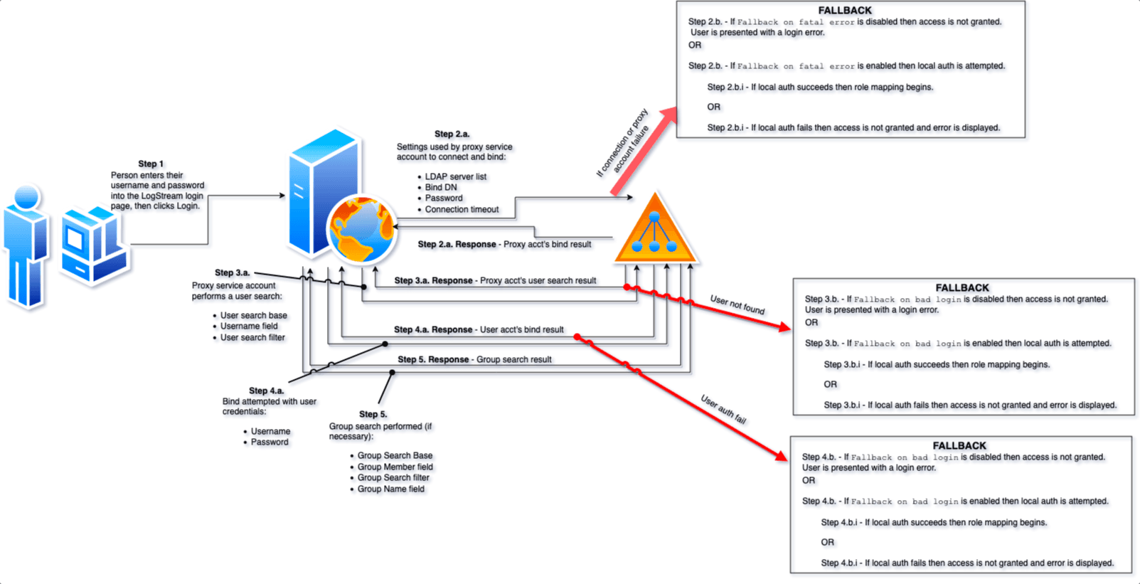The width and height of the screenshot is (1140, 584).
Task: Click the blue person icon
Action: click(x=26, y=245)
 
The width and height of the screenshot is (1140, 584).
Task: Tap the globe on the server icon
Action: click(x=361, y=230)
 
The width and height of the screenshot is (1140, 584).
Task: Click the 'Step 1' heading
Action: click(x=151, y=164)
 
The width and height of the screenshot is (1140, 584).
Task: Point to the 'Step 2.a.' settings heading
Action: click(x=452, y=134)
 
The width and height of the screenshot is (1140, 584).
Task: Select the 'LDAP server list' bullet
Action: click(x=456, y=176)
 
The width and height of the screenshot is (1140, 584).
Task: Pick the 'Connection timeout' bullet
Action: click(x=462, y=209)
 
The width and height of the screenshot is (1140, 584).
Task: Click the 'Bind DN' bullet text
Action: click(x=441, y=187)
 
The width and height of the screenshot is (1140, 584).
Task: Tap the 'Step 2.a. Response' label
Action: click(x=457, y=244)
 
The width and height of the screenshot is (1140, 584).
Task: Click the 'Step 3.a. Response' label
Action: click(x=434, y=280)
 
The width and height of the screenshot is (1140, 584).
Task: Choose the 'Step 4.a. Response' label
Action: click(x=433, y=329)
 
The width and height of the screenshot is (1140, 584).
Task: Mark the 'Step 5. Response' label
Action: click(x=433, y=359)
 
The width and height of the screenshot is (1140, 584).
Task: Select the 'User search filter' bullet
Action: click(x=252, y=337)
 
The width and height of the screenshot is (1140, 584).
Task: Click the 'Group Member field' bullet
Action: click(x=395, y=467)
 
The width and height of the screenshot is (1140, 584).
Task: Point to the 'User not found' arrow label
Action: click(x=737, y=304)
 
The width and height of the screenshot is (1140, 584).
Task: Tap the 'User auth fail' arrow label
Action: click(x=724, y=410)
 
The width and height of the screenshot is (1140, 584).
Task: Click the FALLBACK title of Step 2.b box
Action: click(x=845, y=11)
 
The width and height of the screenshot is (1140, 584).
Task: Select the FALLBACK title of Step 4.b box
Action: click(x=959, y=446)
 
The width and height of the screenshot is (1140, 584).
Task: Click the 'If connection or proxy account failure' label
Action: click(x=624, y=142)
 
